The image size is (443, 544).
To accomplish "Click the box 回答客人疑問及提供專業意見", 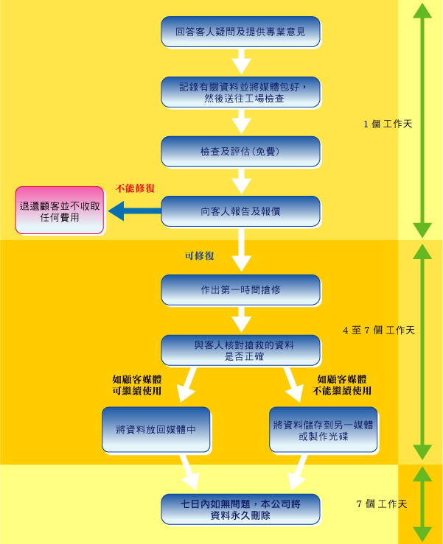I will pos(240,32).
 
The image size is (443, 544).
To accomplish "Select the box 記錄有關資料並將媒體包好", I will pos(240,92).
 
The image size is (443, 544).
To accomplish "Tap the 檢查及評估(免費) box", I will pos(240,152).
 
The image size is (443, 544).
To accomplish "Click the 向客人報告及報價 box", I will pos(240,211).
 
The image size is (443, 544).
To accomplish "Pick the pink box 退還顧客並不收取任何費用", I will pos(60,211).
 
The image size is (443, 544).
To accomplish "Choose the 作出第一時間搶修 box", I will pos(240,290).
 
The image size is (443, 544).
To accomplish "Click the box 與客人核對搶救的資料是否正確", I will pos(240,350).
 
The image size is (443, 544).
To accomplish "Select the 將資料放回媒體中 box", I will pos(156,429).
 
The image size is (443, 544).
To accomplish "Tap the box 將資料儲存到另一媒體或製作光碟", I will pos(323,429).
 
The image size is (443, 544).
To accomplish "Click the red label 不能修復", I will pos(135,188).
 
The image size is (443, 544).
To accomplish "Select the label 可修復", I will pos(199,256).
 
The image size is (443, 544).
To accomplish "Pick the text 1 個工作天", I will pos(387,124).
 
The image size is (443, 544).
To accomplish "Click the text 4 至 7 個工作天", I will pos(378,330).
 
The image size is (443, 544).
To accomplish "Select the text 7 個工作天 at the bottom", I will pos(382,504).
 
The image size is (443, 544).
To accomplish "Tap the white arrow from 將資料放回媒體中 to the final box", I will pos(187,472).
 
